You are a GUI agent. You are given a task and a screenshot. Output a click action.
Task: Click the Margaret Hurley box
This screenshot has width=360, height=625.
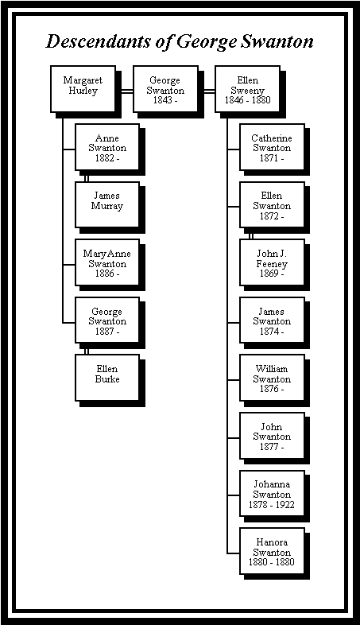[83, 89]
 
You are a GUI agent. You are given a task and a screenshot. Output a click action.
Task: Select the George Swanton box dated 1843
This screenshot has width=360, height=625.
[165, 89]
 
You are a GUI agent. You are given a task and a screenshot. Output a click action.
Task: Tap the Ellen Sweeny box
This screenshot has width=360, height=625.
[247, 89]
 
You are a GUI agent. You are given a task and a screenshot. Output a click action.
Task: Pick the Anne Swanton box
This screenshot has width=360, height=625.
[107, 146]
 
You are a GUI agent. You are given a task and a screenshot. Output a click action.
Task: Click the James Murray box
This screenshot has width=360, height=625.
[107, 204]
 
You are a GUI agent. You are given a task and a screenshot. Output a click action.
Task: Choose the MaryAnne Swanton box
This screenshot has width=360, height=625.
[107, 262]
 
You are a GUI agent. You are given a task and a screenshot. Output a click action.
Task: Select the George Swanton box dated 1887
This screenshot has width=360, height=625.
[107, 320]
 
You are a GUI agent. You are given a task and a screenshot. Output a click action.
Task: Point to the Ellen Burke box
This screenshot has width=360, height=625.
[107, 378]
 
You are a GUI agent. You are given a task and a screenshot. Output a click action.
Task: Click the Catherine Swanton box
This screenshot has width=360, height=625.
[272, 146]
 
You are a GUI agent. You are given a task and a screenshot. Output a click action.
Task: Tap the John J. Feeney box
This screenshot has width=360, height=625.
[272, 262]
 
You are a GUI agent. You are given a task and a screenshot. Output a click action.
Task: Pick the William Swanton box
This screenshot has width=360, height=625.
[272, 378]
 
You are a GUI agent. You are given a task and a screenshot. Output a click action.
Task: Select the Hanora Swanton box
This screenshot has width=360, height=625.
[272, 551]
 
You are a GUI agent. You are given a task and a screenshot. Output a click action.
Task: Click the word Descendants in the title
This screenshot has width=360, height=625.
[99, 42]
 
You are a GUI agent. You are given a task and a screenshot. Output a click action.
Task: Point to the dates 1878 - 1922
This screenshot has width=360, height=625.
[272, 505]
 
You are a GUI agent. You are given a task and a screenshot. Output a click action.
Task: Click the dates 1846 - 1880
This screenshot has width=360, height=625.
[247, 100]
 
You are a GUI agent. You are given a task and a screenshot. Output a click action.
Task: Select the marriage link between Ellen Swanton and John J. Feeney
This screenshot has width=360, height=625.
[251, 236]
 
